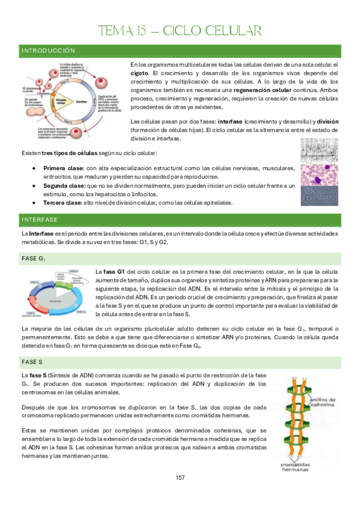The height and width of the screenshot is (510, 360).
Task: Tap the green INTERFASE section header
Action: click(40, 218)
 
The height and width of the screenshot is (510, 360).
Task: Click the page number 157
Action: click(180, 478)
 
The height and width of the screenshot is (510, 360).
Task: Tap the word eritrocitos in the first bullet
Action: click(58, 177)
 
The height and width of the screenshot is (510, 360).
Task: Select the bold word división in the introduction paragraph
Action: click(328, 121)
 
